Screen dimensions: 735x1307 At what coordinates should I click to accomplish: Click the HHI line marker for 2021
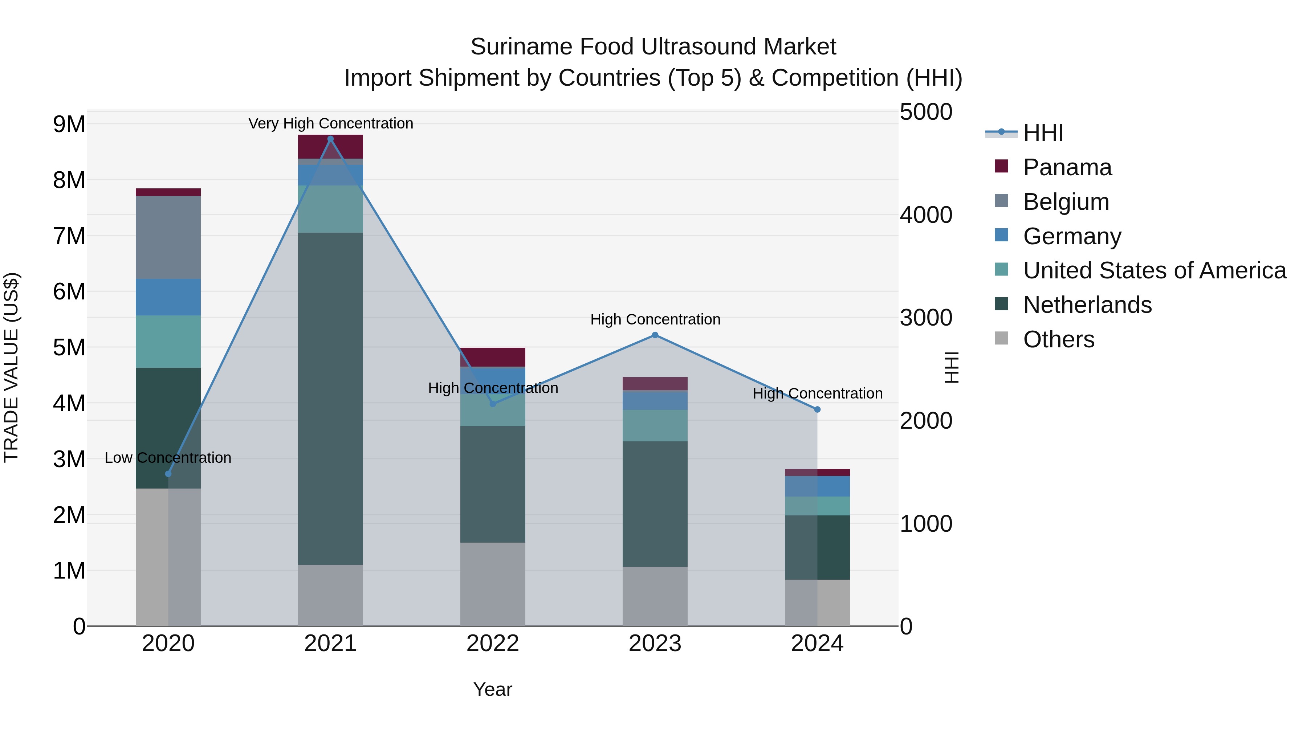coord(330,139)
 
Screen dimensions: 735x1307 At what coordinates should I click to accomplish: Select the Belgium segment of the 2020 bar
coord(168,237)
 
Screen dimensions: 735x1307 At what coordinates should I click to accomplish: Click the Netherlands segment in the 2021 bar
coord(330,398)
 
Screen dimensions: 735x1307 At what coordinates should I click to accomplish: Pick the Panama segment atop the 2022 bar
coord(492,357)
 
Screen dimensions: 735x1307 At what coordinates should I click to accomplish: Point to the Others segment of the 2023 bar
coord(655,596)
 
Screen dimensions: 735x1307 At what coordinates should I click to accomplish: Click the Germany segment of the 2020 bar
coord(168,297)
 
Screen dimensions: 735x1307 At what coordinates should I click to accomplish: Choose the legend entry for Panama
coord(1067,167)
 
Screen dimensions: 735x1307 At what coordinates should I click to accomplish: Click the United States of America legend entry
coord(1154,270)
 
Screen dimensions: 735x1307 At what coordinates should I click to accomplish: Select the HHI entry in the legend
coord(1043,133)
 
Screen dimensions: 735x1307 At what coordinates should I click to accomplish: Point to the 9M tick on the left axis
coord(69,124)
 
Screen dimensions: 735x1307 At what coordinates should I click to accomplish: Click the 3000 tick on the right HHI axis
coord(926,318)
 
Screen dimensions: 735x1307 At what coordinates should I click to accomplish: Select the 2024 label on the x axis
coord(817,644)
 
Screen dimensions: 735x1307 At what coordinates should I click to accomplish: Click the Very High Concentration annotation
coord(330,123)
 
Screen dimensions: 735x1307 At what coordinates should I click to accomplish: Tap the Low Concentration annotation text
coord(168,458)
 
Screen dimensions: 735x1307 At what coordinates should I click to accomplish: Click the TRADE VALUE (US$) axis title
coord(11,367)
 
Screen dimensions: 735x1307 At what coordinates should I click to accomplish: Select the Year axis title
coord(492,689)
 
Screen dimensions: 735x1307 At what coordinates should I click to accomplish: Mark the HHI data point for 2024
coord(817,409)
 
